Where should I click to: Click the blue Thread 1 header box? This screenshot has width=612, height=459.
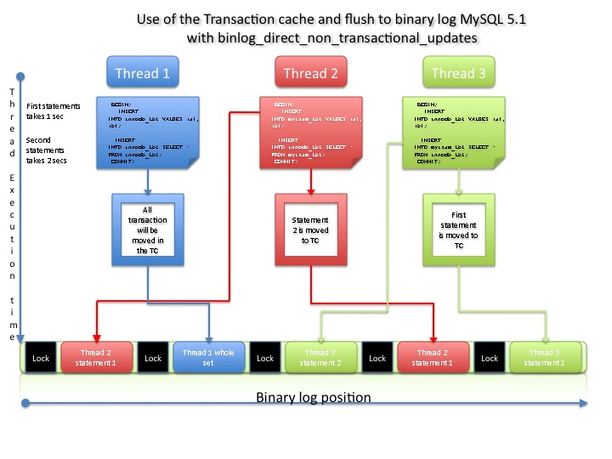coord(142,73)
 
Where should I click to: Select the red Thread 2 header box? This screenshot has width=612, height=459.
coord(310,73)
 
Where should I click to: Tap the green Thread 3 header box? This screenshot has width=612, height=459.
coord(458,73)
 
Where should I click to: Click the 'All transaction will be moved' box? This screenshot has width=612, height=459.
coord(148,229)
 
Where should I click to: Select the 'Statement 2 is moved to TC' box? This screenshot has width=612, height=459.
coord(310,229)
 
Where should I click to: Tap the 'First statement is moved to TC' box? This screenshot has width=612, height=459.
coord(459,229)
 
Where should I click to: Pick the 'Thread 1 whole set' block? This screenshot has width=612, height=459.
coord(209,358)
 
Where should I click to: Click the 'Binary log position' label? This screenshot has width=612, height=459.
coord(314,397)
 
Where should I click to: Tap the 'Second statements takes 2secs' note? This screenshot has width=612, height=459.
coord(52,150)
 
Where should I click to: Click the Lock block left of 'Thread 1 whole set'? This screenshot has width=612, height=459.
coord(153,358)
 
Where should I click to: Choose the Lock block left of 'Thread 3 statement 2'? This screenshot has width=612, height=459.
coord(265,358)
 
